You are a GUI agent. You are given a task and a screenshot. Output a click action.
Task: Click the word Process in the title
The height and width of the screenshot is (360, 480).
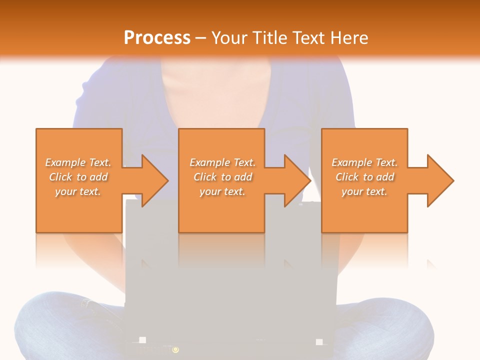pyautogui.click(x=157, y=37)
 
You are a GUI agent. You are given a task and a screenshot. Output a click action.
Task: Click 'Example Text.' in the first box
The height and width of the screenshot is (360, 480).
pyautogui.click(x=78, y=162)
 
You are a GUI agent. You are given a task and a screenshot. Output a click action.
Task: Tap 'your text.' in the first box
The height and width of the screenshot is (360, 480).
pyautogui.click(x=78, y=191)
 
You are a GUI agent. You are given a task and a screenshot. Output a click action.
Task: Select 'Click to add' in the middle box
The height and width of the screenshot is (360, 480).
pyautogui.click(x=222, y=177)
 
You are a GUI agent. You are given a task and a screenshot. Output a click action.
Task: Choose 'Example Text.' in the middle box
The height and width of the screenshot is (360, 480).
pyautogui.click(x=222, y=162)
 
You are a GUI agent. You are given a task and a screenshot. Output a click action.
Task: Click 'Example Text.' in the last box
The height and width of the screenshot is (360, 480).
pyautogui.click(x=364, y=162)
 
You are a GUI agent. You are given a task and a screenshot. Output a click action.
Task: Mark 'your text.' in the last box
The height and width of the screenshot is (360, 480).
pyautogui.click(x=364, y=191)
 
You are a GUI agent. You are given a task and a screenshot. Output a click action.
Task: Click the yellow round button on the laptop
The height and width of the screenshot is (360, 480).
pyautogui.click(x=175, y=349)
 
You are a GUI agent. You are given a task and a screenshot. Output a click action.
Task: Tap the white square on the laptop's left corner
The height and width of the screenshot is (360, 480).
pyautogui.click(x=142, y=340)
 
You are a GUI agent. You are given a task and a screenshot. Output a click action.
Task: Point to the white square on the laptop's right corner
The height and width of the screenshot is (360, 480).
pyautogui.click(x=319, y=342)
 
